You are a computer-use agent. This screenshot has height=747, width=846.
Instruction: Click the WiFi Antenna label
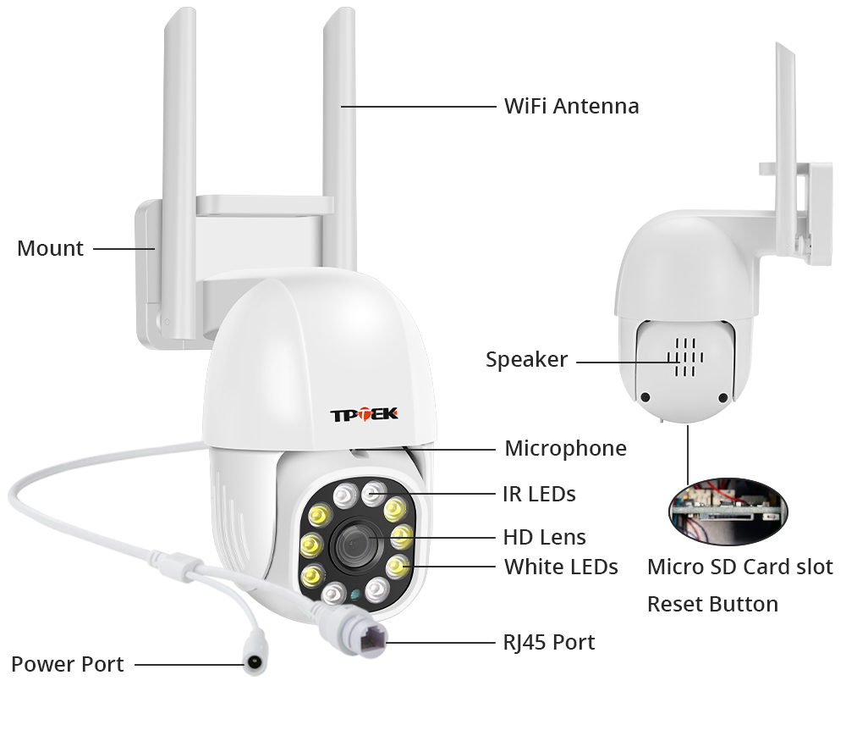tap(571, 106)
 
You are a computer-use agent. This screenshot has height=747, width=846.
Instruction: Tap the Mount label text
tap(50, 248)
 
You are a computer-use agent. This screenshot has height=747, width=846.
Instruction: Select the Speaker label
tap(526, 359)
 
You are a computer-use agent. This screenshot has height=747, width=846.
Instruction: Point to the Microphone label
tap(565, 448)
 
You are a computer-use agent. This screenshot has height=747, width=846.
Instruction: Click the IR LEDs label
tap(539, 494)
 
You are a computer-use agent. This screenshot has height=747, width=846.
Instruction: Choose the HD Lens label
tap(544, 537)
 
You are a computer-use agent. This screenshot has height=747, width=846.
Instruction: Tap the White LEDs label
tap(561, 567)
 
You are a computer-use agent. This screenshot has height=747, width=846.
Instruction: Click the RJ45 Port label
tap(549, 643)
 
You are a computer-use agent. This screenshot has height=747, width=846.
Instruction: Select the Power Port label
tap(68, 665)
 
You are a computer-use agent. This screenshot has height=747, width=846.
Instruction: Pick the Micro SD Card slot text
tap(740, 567)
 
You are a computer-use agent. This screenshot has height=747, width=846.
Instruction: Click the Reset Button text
tap(712, 604)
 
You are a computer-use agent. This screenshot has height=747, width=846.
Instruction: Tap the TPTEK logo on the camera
tap(364, 414)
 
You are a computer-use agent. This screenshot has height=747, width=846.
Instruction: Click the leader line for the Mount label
tap(124, 249)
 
